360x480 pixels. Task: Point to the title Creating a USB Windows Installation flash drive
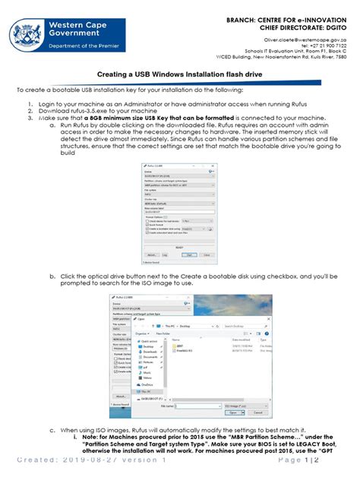pos(179,75)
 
